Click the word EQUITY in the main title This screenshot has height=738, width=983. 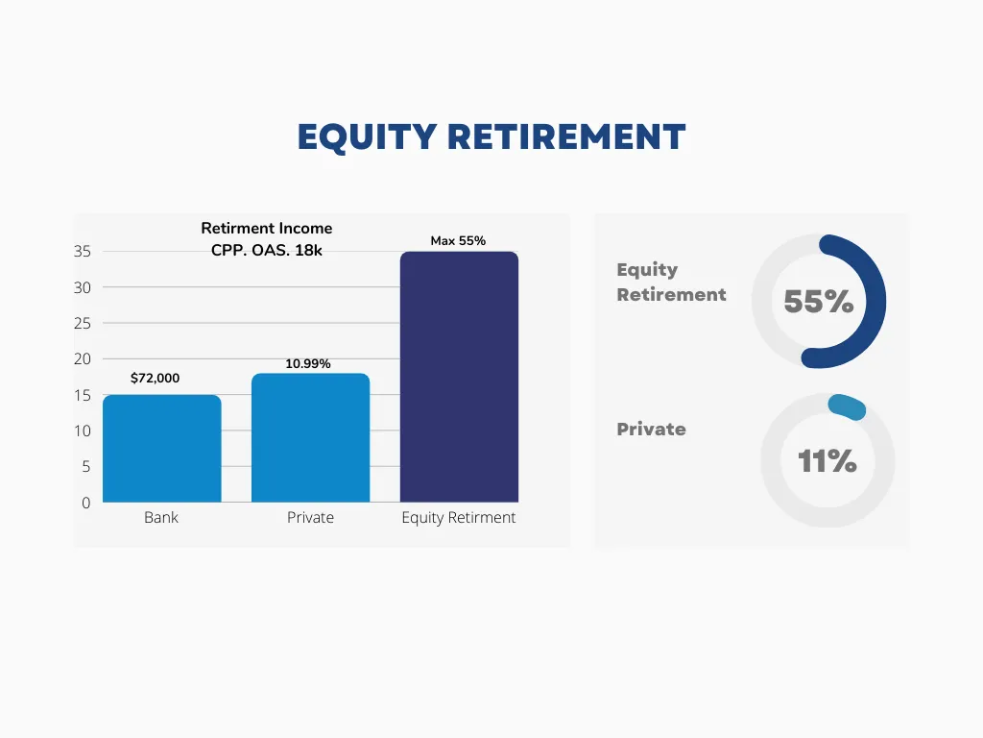367,137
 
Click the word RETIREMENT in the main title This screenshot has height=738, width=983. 566,136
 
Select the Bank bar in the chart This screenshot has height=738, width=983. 161,449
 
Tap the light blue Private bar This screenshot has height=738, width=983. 310,438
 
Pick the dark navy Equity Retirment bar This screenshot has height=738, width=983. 459,377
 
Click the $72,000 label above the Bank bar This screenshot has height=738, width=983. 155,378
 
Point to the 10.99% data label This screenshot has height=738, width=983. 308,364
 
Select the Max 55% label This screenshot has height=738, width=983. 458,241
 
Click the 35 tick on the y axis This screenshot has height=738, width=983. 83,252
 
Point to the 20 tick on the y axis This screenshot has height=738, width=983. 83,359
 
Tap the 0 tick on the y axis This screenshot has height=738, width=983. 85,503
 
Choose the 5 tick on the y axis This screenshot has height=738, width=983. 85,467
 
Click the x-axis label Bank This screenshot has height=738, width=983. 161,518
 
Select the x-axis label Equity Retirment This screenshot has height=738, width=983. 458,518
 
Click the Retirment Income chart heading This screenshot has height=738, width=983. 267,229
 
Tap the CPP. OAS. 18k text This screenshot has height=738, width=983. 267,251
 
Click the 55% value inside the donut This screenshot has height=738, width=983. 819,301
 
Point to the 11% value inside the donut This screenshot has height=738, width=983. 827,461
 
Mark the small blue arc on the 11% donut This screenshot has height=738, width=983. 848,406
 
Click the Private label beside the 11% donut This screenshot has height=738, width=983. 652,430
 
